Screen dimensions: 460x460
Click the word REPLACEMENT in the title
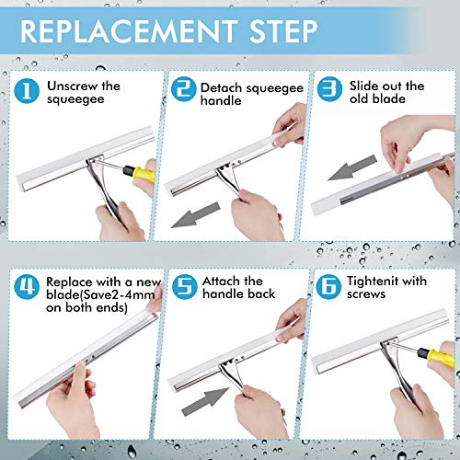(x=128, y=31)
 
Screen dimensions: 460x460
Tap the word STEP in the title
(x=283, y=31)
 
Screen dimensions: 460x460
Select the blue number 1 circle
(x=27, y=91)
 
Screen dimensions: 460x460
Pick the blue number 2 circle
(x=183, y=89)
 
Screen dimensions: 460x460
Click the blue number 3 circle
(x=329, y=89)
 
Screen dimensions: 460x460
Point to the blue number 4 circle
(x=27, y=287)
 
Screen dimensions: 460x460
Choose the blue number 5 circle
(x=184, y=287)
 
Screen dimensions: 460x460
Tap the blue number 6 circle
(x=328, y=287)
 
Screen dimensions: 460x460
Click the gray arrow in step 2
(x=195, y=215)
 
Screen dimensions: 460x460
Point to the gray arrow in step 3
(x=352, y=167)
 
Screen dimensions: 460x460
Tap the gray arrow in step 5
(x=205, y=402)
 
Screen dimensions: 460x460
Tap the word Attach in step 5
(x=219, y=281)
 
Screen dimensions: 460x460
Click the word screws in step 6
(x=366, y=294)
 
